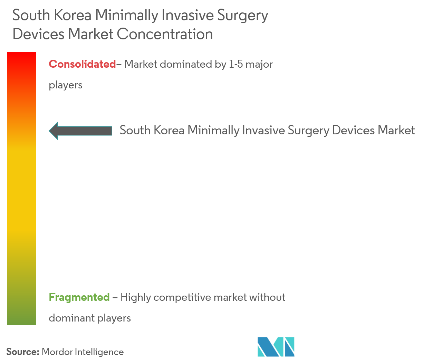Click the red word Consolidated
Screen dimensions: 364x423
coord(82,64)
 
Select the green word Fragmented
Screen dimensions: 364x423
coord(79,297)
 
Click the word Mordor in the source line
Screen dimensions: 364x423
coord(57,352)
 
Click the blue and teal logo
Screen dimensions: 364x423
coord(276,346)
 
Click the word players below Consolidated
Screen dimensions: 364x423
coord(66,85)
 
